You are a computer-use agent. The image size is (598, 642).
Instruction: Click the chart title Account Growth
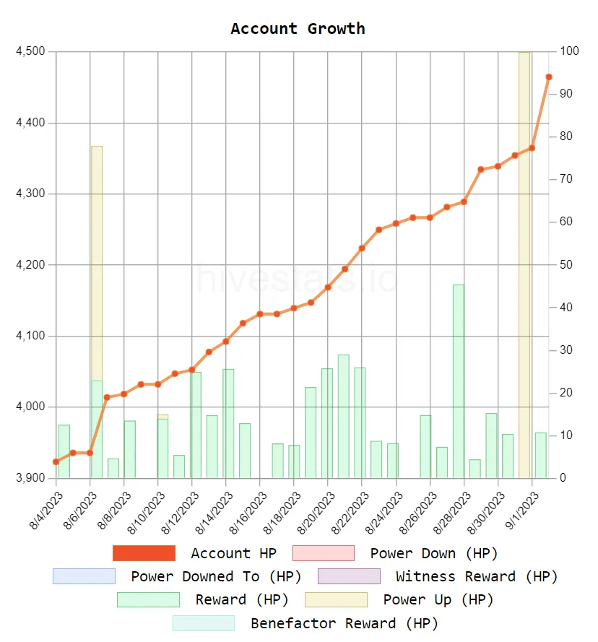[x=298, y=29]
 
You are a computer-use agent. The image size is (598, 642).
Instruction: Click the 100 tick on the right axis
[x=569, y=52]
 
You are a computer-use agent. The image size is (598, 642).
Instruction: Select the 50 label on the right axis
[x=566, y=265]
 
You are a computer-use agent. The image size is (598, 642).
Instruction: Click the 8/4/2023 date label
[x=45, y=511]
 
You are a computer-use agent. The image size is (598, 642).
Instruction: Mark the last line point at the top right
[x=549, y=77]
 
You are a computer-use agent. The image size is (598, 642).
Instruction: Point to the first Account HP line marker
[x=56, y=461]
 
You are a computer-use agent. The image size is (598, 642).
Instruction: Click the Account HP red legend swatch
[x=144, y=553]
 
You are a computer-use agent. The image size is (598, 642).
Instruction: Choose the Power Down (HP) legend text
[x=434, y=553]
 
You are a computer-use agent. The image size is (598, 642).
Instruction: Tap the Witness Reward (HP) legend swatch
[x=349, y=576]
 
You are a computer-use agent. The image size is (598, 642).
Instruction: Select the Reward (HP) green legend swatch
[x=148, y=599]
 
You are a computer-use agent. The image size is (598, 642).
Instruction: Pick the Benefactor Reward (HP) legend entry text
[x=344, y=623]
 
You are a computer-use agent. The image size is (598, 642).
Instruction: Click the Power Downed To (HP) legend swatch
[x=84, y=576]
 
